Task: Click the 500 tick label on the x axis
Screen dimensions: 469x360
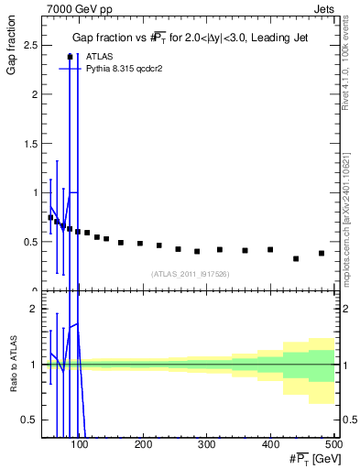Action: tap(333, 444)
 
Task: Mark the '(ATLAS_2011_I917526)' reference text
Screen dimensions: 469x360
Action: tap(190, 273)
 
